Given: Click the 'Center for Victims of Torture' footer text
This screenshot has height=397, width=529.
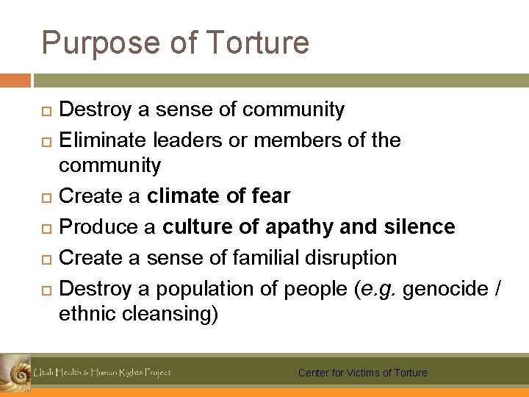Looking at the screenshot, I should pyautogui.click(x=362, y=373).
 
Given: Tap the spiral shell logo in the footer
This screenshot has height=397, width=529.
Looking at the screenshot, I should pyautogui.click(x=15, y=371).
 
